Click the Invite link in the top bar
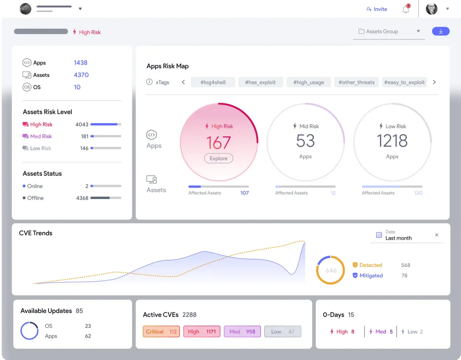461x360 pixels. click(377, 9)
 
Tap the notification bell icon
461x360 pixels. click(406, 10)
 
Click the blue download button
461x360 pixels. click(441, 31)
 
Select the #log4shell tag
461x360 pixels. click(213, 82)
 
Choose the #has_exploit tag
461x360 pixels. click(260, 82)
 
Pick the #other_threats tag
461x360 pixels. click(356, 82)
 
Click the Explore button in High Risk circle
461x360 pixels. click(218, 158)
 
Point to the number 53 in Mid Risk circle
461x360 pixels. click(305, 141)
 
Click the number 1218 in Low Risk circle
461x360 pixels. click(392, 141)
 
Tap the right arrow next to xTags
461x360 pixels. click(434, 82)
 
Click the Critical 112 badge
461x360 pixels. click(161, 331)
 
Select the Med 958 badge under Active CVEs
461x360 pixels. click(242, 331)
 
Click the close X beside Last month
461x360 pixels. click(437, 235)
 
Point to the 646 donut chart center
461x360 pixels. click(331, 270)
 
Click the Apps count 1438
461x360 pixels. click(81, 63)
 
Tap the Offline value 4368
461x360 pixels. click(82, 198)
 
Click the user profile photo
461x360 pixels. click(431, 9)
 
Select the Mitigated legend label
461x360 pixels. click(371, 276)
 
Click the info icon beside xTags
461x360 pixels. click(149, 82)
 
